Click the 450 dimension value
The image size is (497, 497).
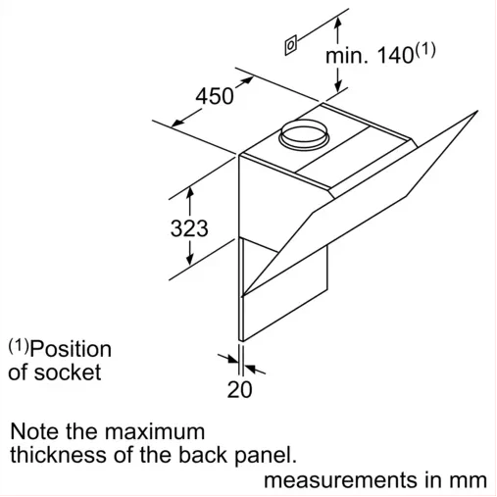215,96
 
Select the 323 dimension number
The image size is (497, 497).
189,228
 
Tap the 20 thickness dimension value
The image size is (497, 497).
240,389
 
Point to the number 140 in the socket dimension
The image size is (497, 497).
395,55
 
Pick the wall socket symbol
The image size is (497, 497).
290,45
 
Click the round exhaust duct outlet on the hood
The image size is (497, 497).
303,135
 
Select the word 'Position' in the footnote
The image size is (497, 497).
71,350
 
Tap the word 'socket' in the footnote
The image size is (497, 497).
68,373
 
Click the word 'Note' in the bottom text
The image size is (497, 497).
35,431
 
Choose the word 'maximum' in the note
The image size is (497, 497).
155,432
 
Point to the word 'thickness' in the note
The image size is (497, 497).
58,455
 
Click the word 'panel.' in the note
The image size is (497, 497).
266,456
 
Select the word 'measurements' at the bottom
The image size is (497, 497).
341,480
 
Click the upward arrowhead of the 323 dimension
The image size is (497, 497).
189,192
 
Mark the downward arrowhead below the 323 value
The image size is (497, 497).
189,259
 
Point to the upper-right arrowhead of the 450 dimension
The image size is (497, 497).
247,80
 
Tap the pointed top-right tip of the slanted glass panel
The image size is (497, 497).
477,111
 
